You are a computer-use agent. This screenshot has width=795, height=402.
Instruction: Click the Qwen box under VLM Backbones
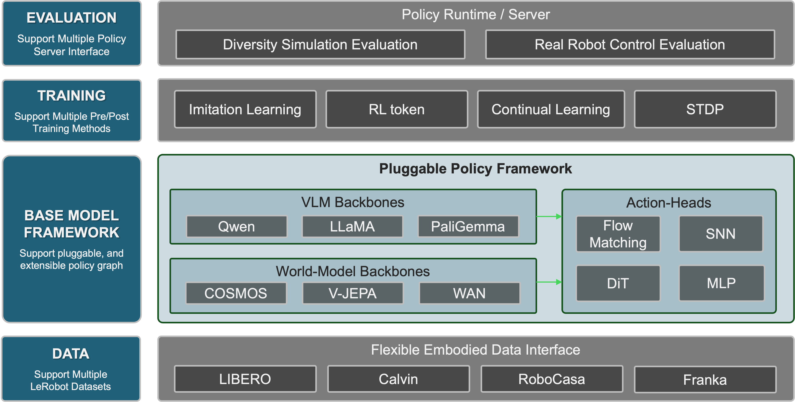coord(236,226)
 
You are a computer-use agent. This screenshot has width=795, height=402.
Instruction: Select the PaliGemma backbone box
coord(468,226)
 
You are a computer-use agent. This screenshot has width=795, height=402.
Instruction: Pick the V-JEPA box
coord(353,293)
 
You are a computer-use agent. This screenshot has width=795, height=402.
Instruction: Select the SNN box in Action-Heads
coord(721,234)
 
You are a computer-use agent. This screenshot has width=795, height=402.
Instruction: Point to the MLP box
coord(721,283)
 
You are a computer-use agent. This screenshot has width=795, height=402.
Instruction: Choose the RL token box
coord(397,109)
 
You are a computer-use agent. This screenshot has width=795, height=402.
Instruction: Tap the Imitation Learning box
coord(245,109)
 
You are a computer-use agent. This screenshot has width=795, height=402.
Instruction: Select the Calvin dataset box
coord(398,379)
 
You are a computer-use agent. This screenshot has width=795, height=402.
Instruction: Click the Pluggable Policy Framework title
coord(475,169)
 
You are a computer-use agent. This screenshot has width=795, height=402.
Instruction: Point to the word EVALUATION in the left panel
coord(71,17)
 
